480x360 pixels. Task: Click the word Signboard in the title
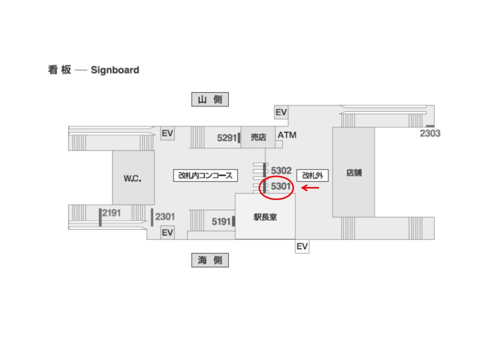tap(115, 70)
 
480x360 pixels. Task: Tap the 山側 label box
tap(210, 99)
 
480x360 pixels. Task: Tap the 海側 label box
tap(210, 260)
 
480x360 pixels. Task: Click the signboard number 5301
tap(280, 186)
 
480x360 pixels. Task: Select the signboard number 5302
tap(281, 170)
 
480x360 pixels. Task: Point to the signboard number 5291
tap(227, 138)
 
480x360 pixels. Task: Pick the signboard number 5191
tap(221, 221)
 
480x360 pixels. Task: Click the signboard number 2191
tap(111, 213)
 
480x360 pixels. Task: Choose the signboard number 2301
tap(165, 216)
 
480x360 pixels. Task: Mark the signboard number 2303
tap(430, 133)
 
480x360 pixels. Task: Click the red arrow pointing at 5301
tap(310, 187)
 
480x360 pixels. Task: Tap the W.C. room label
tap(132, 178)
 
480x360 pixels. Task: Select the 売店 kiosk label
tap(258, 137)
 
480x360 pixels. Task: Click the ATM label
tap(287, 135)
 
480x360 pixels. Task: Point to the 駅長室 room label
tap(265, 217)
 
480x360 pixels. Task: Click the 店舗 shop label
tap(354, 172)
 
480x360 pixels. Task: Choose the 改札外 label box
tap(312, 175)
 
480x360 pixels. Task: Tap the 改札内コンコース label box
tap(205, 175)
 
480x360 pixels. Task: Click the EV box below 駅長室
tap(302, 246)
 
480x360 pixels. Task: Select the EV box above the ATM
tap(281, 112)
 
